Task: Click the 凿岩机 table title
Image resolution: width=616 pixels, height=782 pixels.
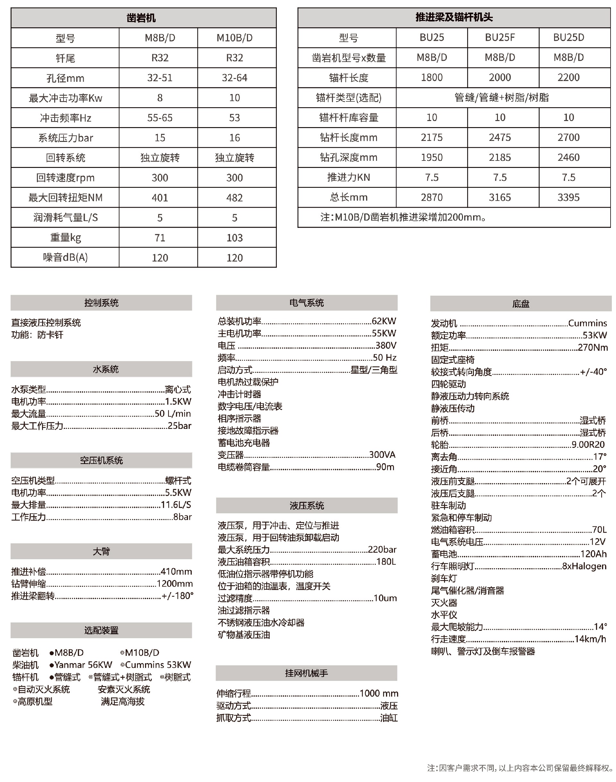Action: click(141, 18)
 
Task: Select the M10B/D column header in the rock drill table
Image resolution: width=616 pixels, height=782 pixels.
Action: click(235, 38)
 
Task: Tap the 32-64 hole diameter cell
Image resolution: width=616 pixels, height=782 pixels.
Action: click(235, 78)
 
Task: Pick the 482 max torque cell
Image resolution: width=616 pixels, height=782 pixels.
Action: click(235, 198)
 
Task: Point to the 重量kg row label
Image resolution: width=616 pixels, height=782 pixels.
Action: click(65, 238)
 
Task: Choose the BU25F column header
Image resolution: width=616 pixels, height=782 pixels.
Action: click(500, 38)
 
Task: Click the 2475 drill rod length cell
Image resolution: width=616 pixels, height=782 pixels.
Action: click(500, 137)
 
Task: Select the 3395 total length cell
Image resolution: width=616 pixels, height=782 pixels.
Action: click(569, 197)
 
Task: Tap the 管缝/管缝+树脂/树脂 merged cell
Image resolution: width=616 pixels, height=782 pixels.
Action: click(502, 98)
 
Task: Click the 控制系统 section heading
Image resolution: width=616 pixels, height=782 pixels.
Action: click(101, 303)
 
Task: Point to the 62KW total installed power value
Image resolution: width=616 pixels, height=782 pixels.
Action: click(384, 321)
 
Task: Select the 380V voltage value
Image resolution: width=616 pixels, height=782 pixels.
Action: click(386, 345)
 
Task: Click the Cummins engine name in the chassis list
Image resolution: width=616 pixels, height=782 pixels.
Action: click(587, 323)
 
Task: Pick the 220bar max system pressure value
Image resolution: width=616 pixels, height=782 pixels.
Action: click(382, 550)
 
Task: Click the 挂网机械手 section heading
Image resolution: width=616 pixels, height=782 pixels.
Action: click(307, 673)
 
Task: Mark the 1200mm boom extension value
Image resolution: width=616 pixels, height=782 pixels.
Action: click(175, 584)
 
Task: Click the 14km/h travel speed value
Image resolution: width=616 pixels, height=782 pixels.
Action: click(590, 639)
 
